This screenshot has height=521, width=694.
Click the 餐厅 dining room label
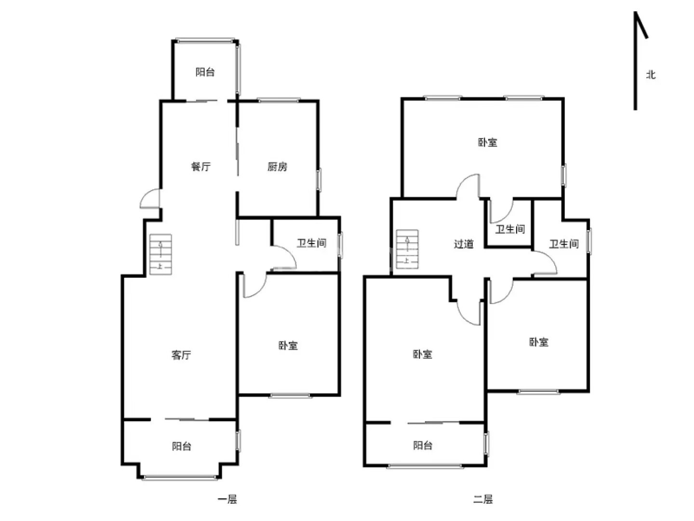200,166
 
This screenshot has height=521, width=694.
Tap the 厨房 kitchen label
277,166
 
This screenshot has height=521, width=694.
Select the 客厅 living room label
181,355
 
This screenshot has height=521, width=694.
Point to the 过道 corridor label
464,244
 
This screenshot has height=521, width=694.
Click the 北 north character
650,75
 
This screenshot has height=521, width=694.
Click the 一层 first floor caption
227,499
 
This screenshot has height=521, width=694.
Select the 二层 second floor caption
483,499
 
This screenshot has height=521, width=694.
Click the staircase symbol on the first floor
160,254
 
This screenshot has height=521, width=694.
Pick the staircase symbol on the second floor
407,249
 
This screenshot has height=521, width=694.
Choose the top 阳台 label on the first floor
205,72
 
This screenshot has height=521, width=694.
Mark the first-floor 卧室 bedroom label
288,345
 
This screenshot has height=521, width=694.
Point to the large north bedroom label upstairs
487,142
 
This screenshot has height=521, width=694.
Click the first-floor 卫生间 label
311,243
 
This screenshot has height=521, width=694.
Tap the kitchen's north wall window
279,100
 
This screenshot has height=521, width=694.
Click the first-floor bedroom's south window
290,396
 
